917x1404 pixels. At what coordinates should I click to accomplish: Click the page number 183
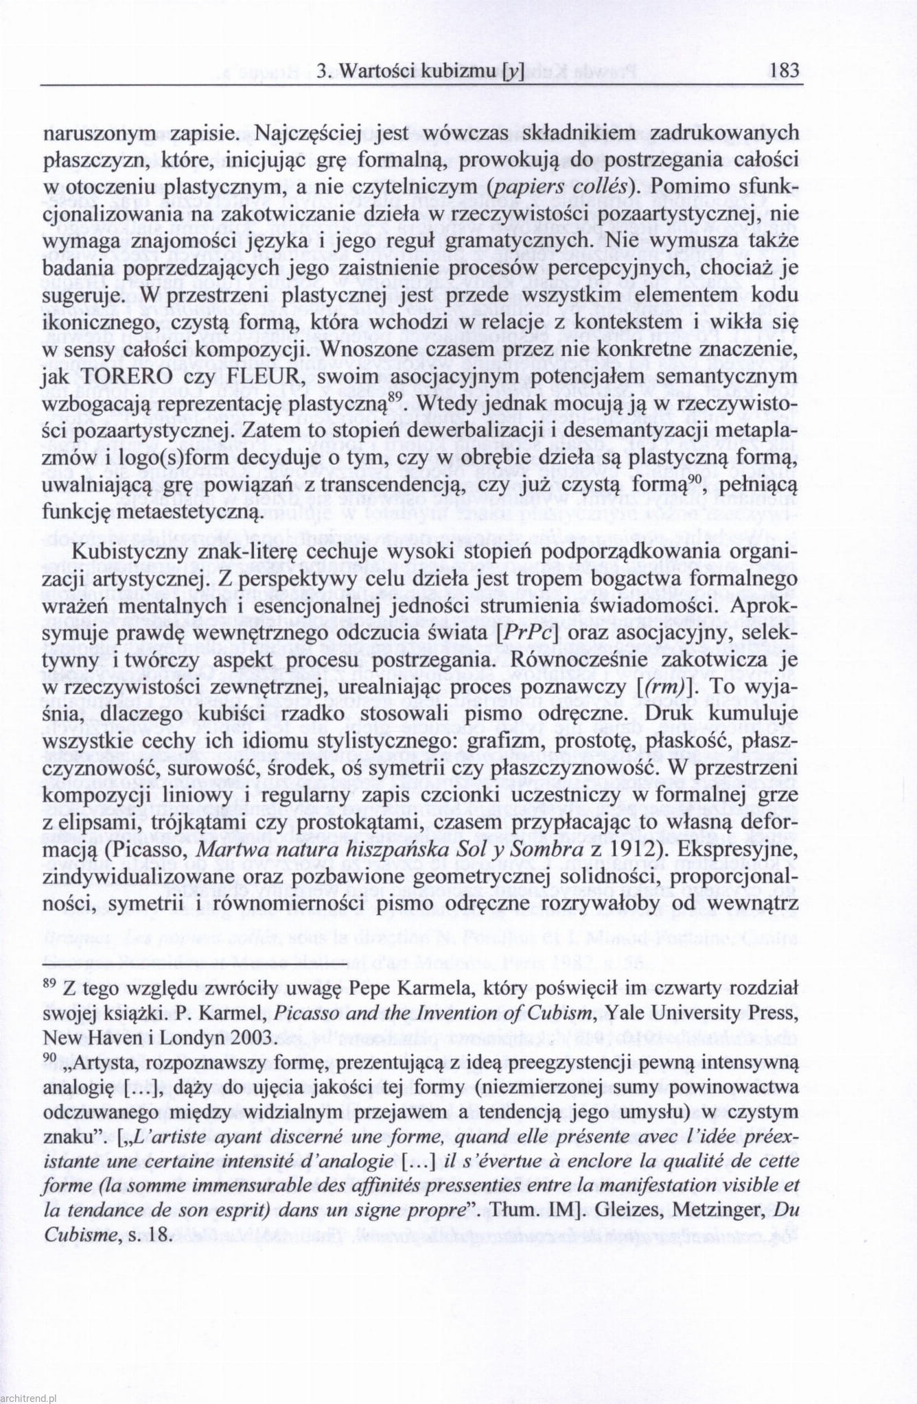(785, 71)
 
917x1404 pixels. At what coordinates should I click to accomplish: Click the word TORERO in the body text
(135, 377)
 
